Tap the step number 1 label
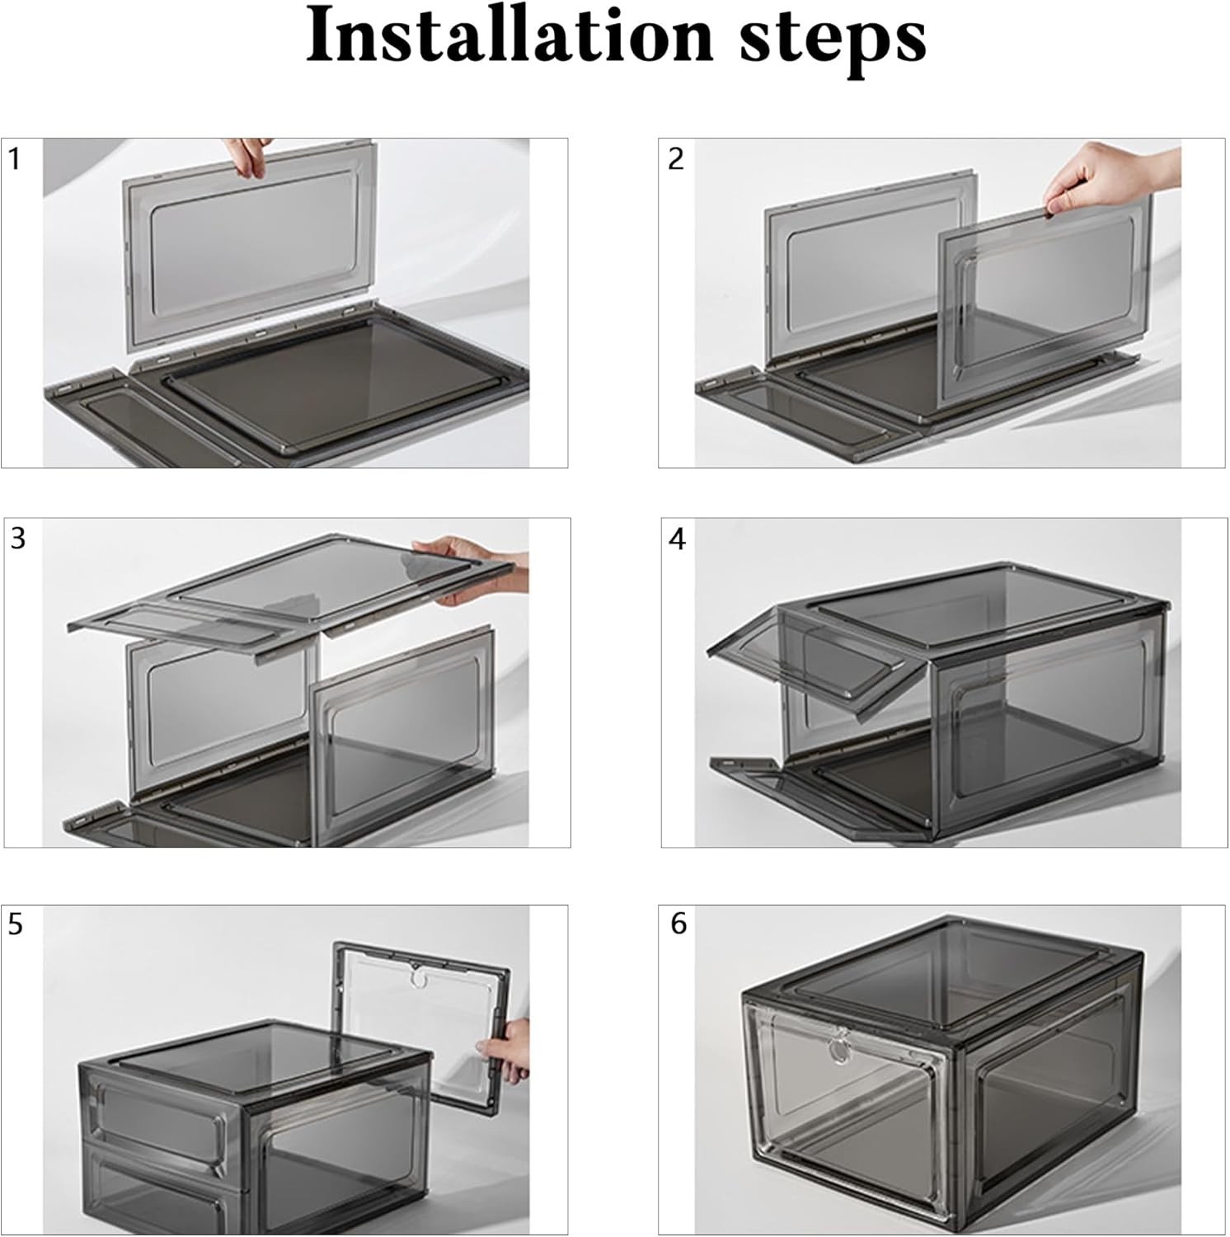[14, 159]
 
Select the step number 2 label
[676, 159]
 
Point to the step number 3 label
[18, 539]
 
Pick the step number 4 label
[678, 539]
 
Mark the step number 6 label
[678, 924]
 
